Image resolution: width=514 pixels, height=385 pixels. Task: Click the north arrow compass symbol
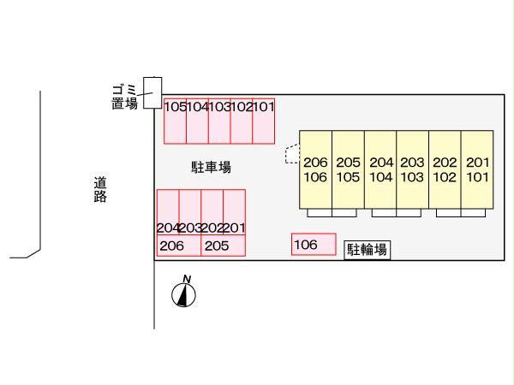point(184,293)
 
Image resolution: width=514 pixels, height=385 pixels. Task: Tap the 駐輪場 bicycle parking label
point(368,250)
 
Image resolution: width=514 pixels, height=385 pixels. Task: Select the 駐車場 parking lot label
point(211,168)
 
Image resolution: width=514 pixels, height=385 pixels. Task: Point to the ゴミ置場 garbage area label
point(124,97)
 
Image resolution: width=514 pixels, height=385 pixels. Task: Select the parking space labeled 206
point(179,246)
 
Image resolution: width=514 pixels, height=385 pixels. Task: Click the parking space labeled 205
point(223,246)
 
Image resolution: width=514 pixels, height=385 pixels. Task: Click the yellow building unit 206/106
point(315,169)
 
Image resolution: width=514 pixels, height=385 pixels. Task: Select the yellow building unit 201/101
point(477,169)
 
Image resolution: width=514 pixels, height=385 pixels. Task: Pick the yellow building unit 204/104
point(380,169)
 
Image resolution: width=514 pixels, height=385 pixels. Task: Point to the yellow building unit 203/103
point(413,169)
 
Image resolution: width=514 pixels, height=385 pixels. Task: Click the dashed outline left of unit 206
point(291,154)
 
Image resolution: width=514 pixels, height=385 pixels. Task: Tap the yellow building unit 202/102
point(445,169)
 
